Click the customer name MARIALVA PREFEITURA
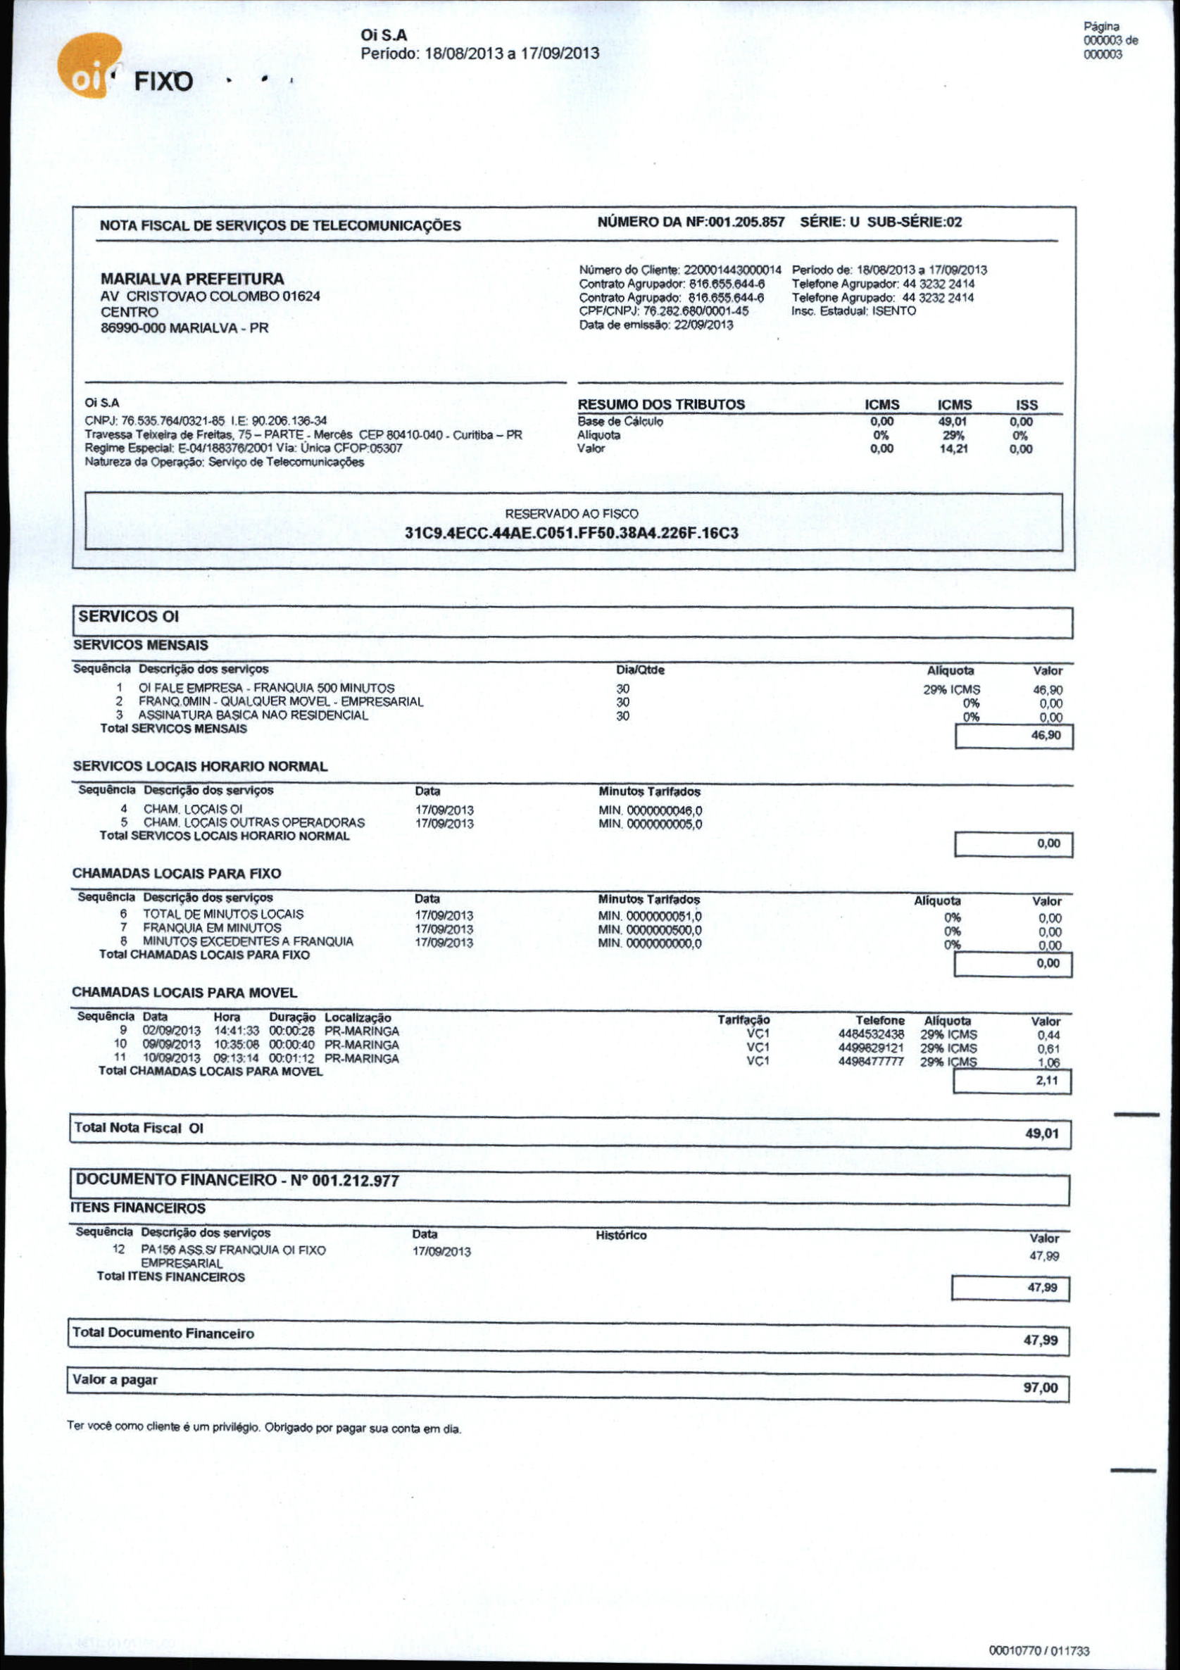point(192,279)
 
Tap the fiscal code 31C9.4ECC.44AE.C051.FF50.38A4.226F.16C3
point(571,533)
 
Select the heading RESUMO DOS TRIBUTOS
point(660,404)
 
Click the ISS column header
point(1026,404)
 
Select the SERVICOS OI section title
point(128,617)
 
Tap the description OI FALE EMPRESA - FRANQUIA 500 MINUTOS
point(266,688)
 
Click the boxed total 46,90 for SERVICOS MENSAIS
point(1047,735)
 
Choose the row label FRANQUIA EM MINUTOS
point(212,927)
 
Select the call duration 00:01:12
point(291,1058)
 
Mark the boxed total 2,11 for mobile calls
point(1046,1081)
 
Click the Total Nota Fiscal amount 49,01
point(1042,1134)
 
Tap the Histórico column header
point(620,1235)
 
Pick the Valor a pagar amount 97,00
point(1041,1388)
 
